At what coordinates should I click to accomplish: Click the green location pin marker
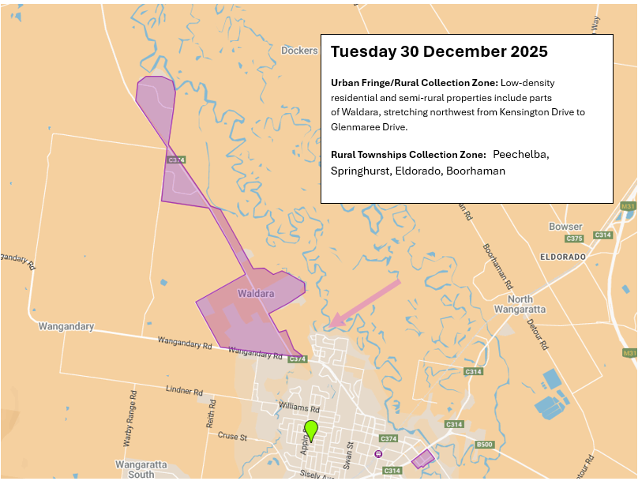point(311,430)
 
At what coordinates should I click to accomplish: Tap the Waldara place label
point(256,294)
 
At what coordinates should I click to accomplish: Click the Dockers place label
point(299,51)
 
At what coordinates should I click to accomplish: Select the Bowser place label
point(565,227)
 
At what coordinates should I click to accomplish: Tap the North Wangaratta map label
point(520,304)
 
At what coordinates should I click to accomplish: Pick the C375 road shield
point(574,239)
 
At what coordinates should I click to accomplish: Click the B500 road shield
point(485,445)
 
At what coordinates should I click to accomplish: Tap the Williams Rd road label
point(299,408)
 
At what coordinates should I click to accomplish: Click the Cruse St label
point(233,435)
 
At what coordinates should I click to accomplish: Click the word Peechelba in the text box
point(520,154)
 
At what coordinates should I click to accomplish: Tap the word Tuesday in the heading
point(363,52)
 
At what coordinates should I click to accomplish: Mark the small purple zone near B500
point(423,458)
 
